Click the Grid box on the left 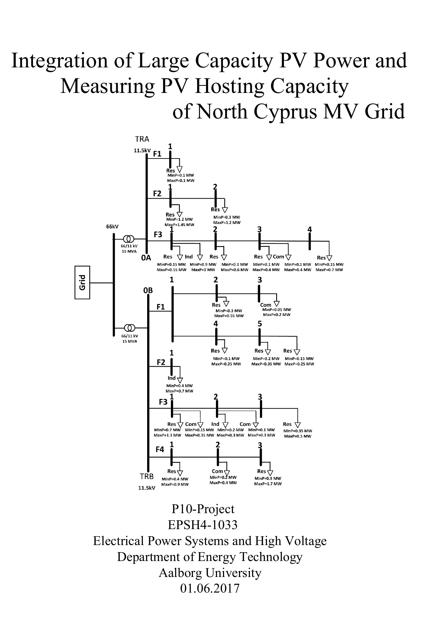coord(82,282)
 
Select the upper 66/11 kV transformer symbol coord(128,239)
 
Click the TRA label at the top coord(142,139)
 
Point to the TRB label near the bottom coord(146,477)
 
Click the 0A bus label coord(146,258)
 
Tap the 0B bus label coord(148,290)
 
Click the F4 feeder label coord(160,450)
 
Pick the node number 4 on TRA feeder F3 coord(310,229)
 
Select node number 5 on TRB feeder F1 coord(260,323)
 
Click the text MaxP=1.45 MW coord(179,224)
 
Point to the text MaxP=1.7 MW coord(268,484)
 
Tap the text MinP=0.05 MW coord(277,309)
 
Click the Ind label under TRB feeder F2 coord(172,378)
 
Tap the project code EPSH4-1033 coord(202,525)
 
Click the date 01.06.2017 coord(210,588)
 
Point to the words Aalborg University coord(210,573)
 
